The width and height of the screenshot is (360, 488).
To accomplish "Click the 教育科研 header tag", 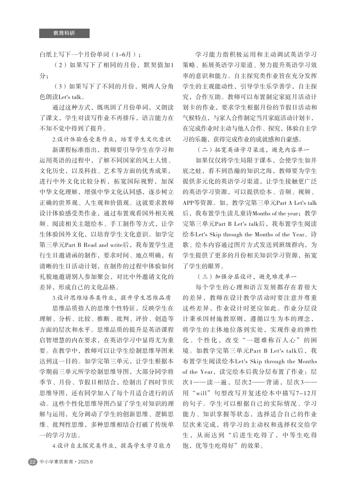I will tap(64, 33).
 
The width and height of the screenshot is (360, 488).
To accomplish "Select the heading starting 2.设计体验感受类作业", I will tap(111, 139).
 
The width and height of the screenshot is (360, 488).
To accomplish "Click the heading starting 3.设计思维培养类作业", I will tap(111, 298).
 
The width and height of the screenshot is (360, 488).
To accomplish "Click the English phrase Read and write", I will tap(98, 245).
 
